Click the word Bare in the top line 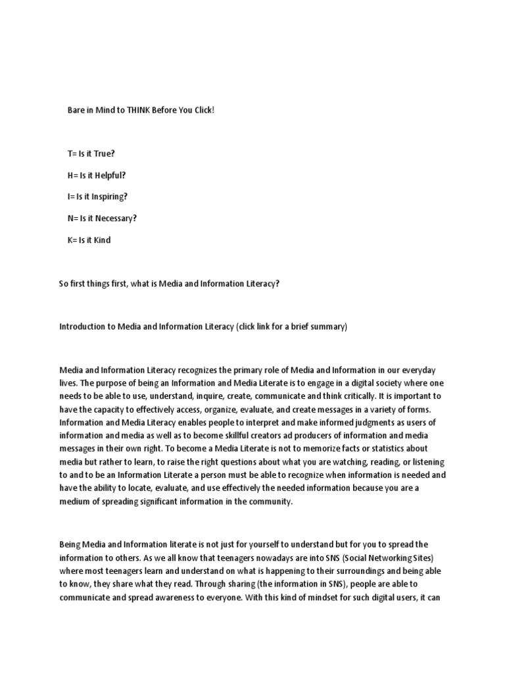(76, 110)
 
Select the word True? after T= (103, 153)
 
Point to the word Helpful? (112, 175)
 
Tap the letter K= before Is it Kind (72, 240)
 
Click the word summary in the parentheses (328, 327)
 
